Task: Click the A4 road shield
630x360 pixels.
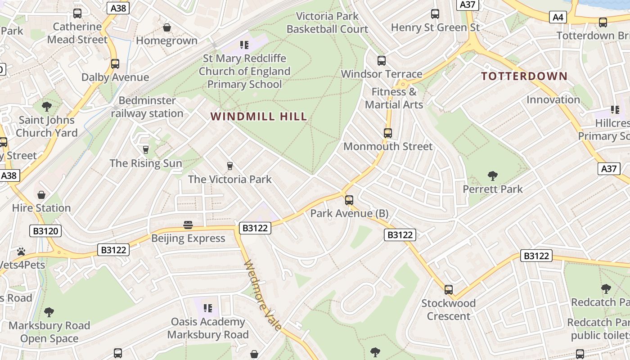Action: (x=558, y=18)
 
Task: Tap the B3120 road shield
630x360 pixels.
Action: (x=46, y=231)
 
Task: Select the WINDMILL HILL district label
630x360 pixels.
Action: (x=259, y=117)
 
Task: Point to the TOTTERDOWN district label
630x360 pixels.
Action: (x=524, y=76)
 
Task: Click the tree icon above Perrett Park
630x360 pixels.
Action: (x=493, y=176)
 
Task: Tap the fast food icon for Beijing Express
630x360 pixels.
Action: (x=188, y=225)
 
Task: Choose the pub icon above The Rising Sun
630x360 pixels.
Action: (x=145, y=150)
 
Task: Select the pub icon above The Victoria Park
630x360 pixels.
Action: (x=230, y=166)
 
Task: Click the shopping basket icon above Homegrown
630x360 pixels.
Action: (x=167, y=28)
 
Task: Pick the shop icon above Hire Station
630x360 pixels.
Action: (x=41, y=195)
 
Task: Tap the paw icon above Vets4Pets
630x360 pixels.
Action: (x=21, y=251)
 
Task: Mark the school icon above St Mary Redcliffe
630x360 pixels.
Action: (x=244, y=45)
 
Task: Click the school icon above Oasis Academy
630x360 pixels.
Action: (x=207, y=308)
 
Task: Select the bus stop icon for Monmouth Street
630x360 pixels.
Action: (x=387, y=133)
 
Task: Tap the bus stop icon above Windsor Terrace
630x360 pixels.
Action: (x=382, y=61)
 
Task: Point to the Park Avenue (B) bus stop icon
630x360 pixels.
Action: (x=349, y=200)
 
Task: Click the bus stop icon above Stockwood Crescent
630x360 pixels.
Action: (x=448, y=290)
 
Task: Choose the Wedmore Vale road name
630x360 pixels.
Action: (x=264, y=295)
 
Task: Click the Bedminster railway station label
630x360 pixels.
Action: (x=147, y=107)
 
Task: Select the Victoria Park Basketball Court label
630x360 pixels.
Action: (x=327, y=23)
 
